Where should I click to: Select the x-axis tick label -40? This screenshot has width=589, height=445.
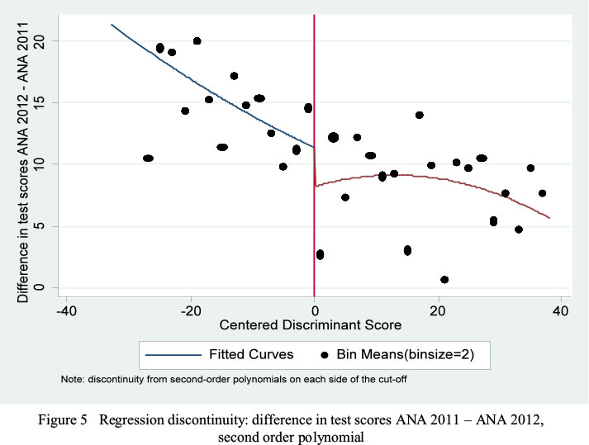click(x=68, y=310)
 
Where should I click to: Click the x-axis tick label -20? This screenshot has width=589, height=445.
click(x=191, y=310)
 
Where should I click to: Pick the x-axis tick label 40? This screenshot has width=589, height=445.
click(x=562, y=310)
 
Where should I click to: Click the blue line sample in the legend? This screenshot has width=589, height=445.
click(x=172, y=355)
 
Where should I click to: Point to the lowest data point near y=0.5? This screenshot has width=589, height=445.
click(x=444, y=280)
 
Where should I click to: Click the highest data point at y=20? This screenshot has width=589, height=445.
click(x=197, y=40)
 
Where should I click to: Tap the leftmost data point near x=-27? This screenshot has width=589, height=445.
click(x=148, y=158)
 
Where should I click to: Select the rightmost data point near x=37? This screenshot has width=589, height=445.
click(x=543, y=193)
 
